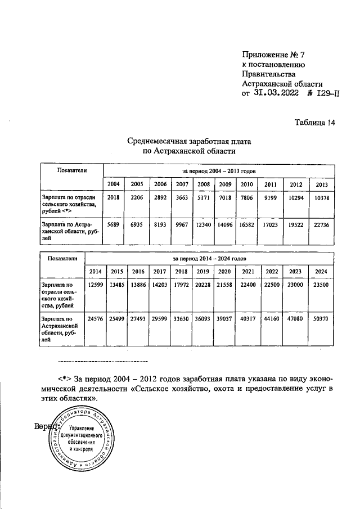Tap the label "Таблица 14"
click(313, 124)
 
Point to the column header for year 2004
click(113, 184)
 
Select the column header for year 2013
click(322, 184)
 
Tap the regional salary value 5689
click(113, 225)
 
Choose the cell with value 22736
click(322, 225)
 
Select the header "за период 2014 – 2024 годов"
click(209, 258)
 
